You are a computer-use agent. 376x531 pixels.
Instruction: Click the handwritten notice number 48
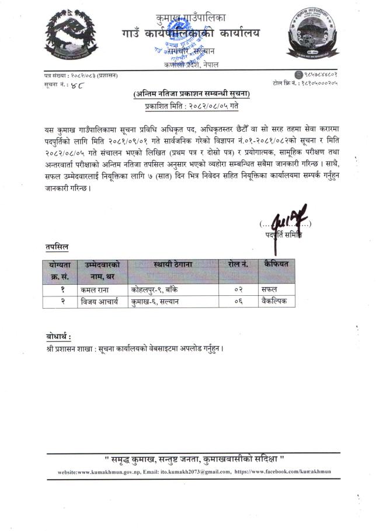79,85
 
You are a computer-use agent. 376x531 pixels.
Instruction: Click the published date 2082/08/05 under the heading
192,106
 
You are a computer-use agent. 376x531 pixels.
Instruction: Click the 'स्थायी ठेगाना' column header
173,264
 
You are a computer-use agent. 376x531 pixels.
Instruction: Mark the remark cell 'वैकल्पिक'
276,302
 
